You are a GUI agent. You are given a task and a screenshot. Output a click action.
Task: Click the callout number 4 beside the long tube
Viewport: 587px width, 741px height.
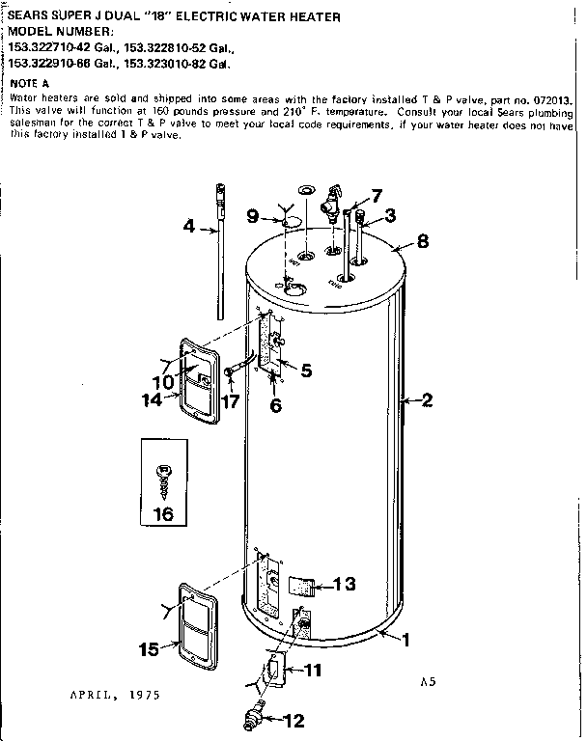[188, 228]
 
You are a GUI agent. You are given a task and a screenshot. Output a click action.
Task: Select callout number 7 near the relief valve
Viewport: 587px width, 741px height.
[377, 194]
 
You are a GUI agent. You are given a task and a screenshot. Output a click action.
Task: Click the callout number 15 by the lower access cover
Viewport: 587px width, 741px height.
[149, 649]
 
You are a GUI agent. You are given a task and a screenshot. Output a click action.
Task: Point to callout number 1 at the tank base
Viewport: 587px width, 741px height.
[406, 639]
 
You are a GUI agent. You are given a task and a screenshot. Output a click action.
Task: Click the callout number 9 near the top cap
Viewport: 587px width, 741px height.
[253, 217]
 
